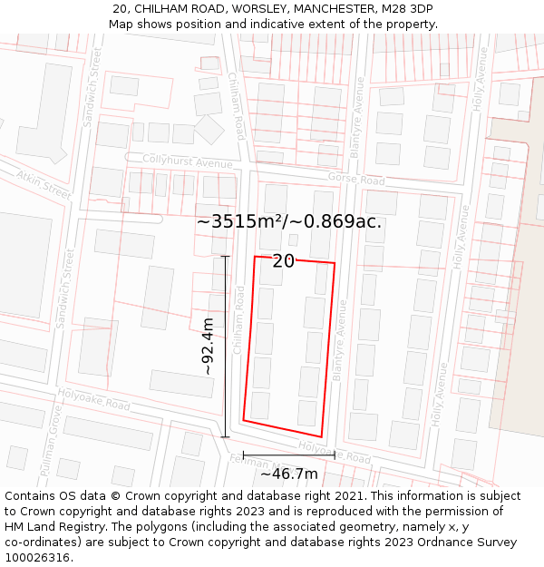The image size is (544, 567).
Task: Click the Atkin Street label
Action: coord(42,184)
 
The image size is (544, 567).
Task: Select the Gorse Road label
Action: coord(356,179)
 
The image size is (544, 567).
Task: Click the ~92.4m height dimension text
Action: coord(208,347)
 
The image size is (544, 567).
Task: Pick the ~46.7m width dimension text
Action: coord(289,474)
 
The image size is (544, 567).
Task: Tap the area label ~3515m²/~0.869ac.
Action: coord(289,222)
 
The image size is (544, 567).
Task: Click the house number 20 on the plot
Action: coord(283,261)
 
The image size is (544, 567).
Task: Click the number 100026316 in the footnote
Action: coord(39,558)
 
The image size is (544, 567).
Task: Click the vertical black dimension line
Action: coord(225,347)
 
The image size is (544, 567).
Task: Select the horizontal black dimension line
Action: coord(289,455)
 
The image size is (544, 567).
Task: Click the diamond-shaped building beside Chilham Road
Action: coord(209,129)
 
